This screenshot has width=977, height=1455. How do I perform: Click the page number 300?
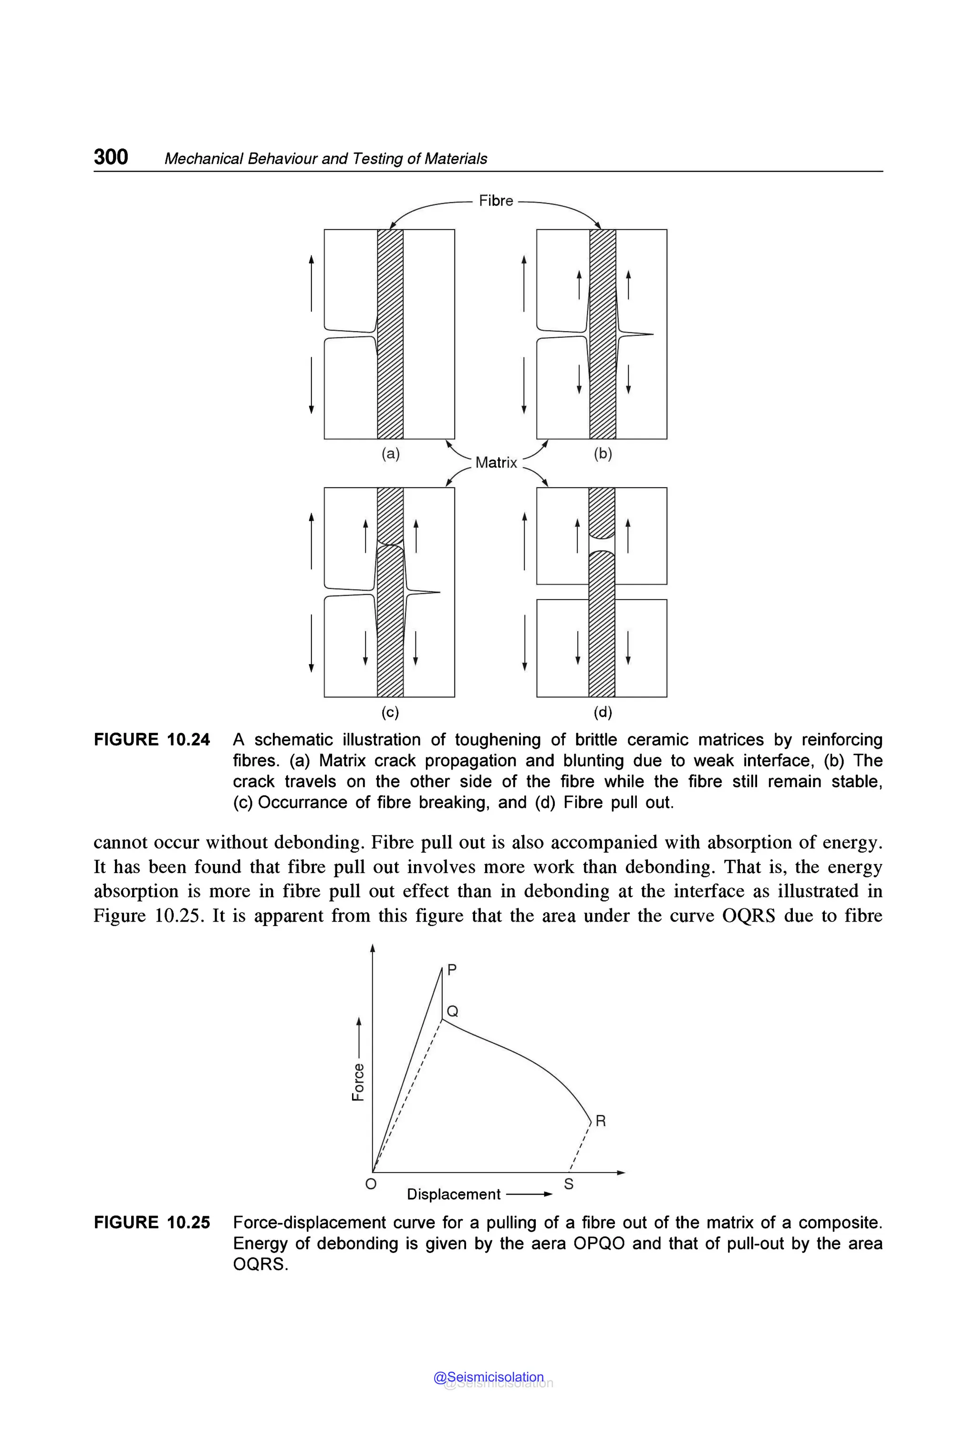(x=111, y=156)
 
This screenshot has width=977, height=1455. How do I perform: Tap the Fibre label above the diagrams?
(x=496, y=201)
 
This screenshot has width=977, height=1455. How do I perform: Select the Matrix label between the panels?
(x=496, y=462)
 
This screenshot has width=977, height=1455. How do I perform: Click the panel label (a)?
(x=391, y=454)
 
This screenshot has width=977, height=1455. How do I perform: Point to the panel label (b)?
(x=603, y=454)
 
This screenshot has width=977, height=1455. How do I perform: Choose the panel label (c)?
(x=390, y=712)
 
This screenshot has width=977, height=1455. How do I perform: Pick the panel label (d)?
(x=603, y=712)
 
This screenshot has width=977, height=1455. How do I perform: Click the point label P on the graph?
(x=452, y=969)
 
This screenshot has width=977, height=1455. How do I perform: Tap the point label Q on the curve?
(x=453, y=1011)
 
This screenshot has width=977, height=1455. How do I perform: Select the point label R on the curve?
(x=601, y=1121)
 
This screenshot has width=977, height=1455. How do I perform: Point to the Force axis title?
(x=358, y=1082)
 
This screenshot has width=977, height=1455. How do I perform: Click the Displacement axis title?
(x=454, y=1194)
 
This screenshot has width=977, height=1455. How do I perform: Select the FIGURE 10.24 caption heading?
(x=152, y=739)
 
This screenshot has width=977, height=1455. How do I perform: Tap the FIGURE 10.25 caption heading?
(x=152, y=1223)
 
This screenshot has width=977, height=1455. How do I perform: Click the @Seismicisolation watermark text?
(x=488, y=1377)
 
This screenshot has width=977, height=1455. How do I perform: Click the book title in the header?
(x=325, y=159)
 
